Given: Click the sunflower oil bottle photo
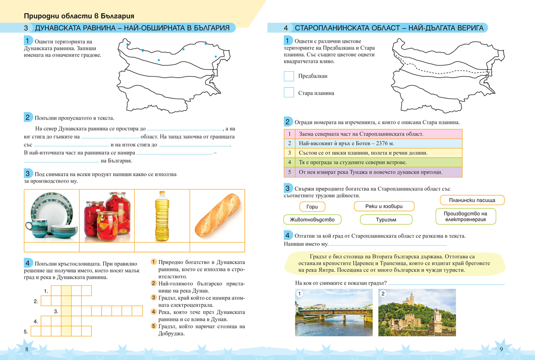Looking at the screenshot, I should tap(162, 216).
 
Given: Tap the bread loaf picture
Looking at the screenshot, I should tap(217, 216).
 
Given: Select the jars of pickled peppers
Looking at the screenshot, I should tap(107, 216).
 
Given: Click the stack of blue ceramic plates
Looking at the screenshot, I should tap(51, 217).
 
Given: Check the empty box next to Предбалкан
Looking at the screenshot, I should tap(289, 76).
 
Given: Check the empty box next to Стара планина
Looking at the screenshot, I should tap(289, 93).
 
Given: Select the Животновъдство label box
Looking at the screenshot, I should tap(312, 219).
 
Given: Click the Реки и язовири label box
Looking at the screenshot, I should tap(384, 206).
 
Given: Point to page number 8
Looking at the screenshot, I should tap(27, 349).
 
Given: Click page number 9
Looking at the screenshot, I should tap(501, 349).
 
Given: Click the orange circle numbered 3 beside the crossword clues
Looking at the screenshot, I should tap(153, 298).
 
